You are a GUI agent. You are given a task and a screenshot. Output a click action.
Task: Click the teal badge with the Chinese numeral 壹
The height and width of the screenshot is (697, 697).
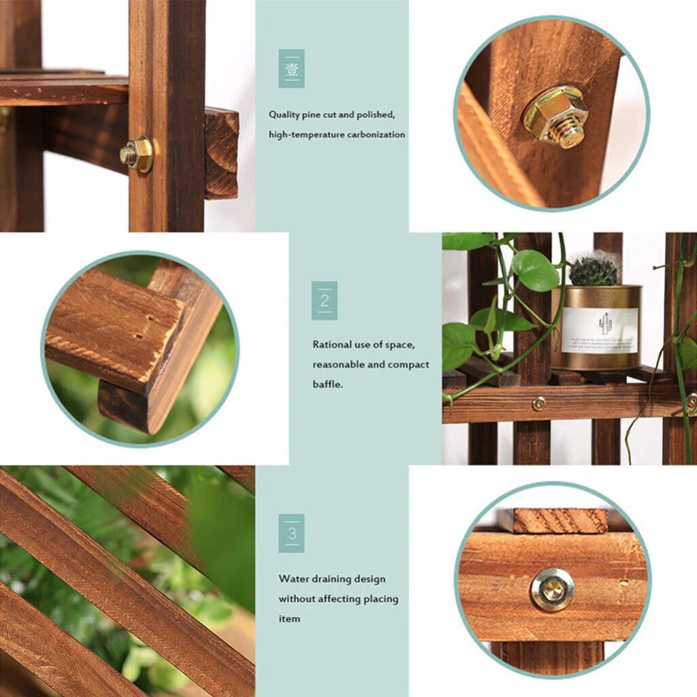(291, 68)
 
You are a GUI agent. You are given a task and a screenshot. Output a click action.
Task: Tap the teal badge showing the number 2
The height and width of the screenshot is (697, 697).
(325, 300)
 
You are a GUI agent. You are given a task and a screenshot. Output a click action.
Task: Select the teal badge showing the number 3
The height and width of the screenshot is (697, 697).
(291, 533)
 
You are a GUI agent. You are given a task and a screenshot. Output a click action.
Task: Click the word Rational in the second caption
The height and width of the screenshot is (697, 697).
(331, 344)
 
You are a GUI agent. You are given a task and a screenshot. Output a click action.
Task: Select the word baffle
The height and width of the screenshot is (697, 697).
(327, 385)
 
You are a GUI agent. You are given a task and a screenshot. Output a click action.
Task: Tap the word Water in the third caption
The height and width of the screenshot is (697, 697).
(293, 579)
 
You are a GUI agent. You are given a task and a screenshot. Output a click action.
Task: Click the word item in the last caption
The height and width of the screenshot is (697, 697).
(289, 619)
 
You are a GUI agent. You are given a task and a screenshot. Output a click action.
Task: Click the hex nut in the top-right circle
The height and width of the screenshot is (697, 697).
(555, 115)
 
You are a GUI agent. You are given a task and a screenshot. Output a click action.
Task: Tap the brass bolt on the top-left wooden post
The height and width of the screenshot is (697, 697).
(137, 155)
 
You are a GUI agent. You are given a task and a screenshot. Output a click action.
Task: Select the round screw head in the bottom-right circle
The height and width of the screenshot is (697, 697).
(552, 589)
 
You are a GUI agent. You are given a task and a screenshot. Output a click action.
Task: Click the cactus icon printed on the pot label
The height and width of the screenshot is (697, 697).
(605, 321)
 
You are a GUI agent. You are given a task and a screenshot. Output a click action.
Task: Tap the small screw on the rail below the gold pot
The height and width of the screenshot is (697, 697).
(538, 404)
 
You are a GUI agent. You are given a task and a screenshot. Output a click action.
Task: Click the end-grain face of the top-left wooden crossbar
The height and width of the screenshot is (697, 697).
(222, 153)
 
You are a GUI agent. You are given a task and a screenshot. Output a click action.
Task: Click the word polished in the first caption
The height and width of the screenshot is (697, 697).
(368, 115)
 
